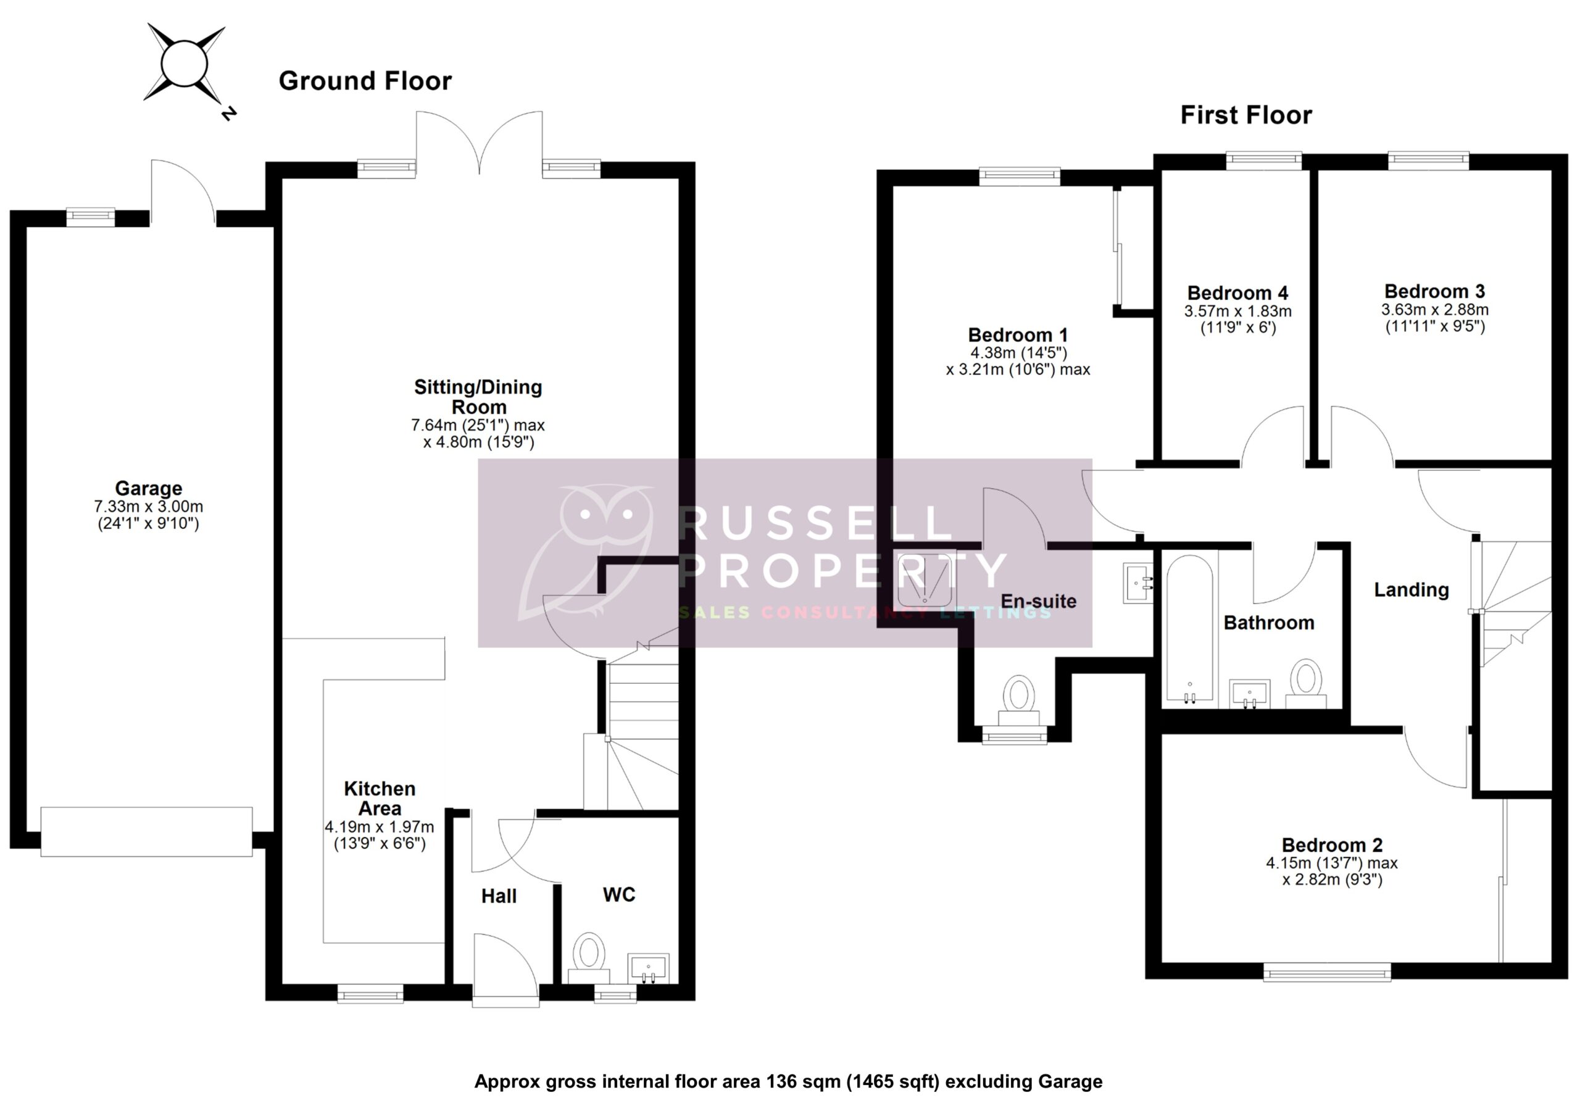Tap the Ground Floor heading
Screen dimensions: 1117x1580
point(365,81)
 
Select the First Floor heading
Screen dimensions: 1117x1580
point(1245,115)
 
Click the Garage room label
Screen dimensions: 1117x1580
point(148,488)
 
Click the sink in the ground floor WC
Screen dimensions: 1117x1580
point(647,968)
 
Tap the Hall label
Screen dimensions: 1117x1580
point(498,895)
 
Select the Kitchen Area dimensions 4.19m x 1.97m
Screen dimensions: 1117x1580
point(379,826)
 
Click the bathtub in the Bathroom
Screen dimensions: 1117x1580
point(1190,628)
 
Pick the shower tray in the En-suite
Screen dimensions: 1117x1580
point(926,579)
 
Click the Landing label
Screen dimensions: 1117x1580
point(1411,590)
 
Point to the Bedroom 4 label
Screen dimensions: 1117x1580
point(1237,293)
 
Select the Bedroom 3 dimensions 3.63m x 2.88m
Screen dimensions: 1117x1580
point(1434,310)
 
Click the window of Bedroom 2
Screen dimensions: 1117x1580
point(1327,973)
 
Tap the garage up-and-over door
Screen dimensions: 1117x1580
point(146,832)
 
